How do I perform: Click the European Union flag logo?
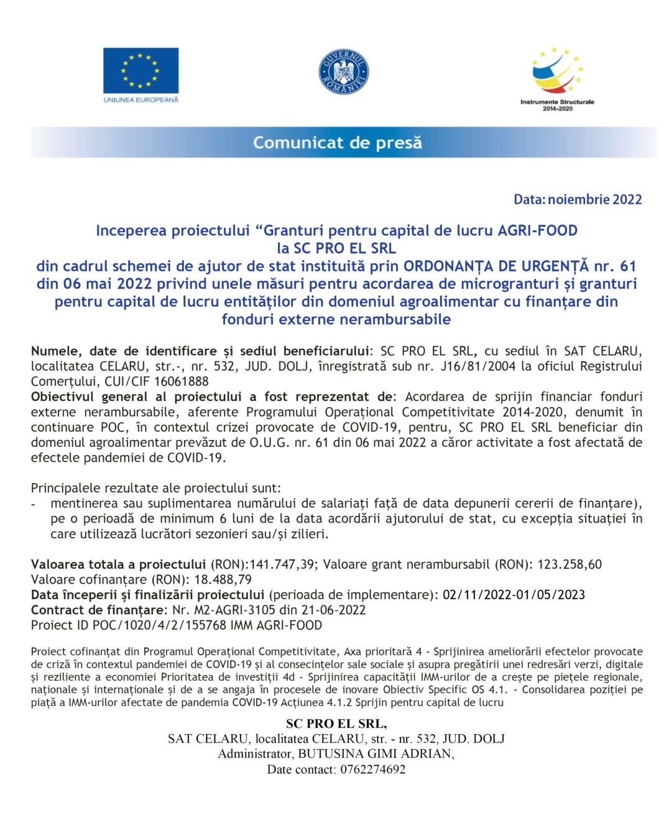pos(141,71)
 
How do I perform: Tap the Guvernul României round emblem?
pos(343,72)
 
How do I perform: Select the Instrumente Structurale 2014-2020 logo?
pos(557,77)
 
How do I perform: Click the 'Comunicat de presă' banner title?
pos(337,143)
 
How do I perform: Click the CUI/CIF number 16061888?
pos(182,382)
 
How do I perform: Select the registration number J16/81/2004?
pos(478,366)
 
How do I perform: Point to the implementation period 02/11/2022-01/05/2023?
pos(514,595)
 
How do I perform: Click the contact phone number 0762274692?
pos(372,769)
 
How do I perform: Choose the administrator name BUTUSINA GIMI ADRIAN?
pos(374,754)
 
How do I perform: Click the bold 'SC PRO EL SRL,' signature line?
pos(336,723)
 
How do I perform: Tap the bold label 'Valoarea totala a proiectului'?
pos(118,564)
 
